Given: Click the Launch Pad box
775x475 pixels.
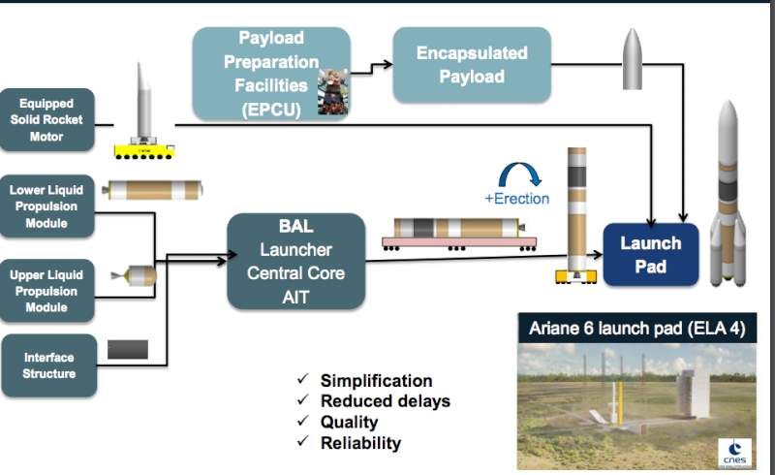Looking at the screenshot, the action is click(651, 254).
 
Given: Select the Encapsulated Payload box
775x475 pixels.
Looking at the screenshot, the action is click(472, 65).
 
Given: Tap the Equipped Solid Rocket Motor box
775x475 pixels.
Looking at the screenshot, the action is click(46, 120).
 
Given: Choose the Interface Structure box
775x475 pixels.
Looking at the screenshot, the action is click(49, 365).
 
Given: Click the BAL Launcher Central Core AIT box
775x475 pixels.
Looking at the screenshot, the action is click(296, 262).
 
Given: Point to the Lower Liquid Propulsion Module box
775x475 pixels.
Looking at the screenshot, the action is click(46, 206).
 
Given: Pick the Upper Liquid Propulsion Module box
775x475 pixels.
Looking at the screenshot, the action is click(46, 291).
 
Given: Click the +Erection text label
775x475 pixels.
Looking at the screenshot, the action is click(517, 199).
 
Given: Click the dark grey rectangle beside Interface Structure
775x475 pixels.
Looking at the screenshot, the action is click(128, 349).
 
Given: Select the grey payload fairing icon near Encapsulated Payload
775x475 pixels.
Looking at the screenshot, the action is click(633, 59).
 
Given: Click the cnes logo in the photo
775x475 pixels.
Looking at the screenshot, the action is click(735, 453).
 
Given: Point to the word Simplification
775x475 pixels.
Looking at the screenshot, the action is click(377, 381).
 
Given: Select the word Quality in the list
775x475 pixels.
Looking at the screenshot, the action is click(350, 422).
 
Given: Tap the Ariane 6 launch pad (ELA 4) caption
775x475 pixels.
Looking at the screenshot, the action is click(637, 328).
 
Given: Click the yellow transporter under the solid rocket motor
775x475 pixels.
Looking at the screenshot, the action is click(143, 151).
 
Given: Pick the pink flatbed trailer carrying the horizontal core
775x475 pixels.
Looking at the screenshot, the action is click(459, 243).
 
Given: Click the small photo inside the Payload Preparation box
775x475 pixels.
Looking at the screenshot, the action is click(332, 92).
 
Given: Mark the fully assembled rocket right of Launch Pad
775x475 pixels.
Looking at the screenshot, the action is click(728, 194).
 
